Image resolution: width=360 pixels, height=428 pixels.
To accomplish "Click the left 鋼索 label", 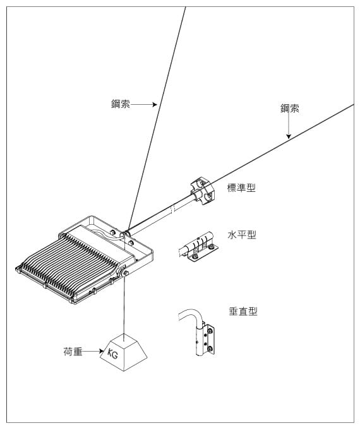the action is pos(121,104).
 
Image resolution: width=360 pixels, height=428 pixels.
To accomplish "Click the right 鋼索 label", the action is pos(289,109).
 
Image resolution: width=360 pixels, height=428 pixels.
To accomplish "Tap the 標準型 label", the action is pos(241,187).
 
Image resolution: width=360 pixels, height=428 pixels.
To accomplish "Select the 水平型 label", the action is pos(242,234).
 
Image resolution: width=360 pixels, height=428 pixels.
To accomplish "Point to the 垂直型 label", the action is pos(243,311).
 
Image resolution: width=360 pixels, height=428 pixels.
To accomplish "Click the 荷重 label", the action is pos(73,352).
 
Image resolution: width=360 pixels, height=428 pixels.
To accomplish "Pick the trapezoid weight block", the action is pos(123,352).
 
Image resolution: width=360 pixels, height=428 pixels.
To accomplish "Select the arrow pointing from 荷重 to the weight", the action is pos(93,351).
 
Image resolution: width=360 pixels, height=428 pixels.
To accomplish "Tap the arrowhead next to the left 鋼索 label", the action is pos(155,104).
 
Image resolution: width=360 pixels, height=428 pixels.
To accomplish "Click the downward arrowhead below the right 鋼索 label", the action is pos(289,136).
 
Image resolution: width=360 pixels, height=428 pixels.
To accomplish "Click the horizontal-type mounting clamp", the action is pos(198,247).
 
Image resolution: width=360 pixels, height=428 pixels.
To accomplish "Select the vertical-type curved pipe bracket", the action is pos(197,332).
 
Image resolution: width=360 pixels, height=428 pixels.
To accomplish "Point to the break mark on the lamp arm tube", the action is pos(172,210).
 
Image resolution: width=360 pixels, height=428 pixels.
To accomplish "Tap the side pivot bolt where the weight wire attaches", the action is pos(126,273).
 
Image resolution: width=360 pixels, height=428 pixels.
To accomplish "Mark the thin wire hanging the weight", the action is pos(124,309).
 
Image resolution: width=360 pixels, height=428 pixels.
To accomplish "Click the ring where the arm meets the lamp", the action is pos(126,235).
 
